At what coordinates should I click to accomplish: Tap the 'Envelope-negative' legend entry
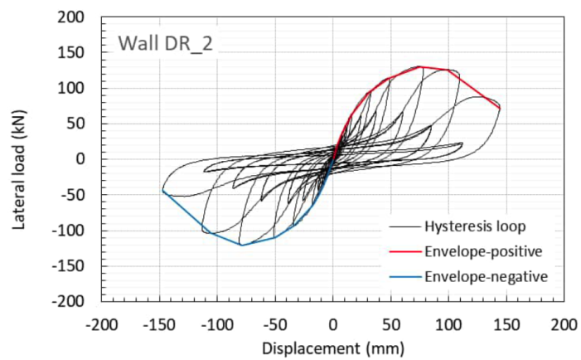click(475, 275)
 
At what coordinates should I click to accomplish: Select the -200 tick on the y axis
click(75, 301)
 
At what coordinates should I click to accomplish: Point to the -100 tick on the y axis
click(75, 230)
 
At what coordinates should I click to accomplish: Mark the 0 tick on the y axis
click(85, 158)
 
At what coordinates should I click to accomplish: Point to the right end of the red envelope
click(500, 108)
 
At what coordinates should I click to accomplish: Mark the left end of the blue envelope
click(162, 190)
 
